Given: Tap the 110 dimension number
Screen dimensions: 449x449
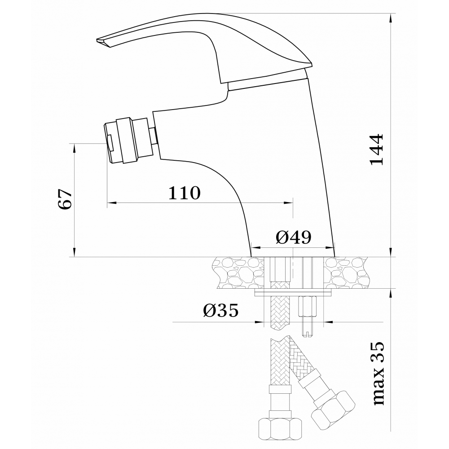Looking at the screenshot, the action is tap(185, 193).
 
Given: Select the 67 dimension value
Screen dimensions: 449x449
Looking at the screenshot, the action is tap(65, 199).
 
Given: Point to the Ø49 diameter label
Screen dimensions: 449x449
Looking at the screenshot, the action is tap(293, 237).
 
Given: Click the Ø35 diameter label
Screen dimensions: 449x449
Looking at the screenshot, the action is tap(221, 310).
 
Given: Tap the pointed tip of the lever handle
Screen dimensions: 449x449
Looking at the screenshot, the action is tap(97, 40).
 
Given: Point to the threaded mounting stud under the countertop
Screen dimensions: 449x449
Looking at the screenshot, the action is tap(308, 317).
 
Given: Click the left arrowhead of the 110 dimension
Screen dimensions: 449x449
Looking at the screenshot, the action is tap(112, 203).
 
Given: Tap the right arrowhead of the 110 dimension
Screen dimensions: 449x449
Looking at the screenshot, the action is tap(289, 203).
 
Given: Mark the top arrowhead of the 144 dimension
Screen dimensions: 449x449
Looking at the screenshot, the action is tap(390, 18).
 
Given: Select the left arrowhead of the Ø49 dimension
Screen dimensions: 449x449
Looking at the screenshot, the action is tap(256, 248).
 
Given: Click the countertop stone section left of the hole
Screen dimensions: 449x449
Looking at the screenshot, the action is tap(238, 273).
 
